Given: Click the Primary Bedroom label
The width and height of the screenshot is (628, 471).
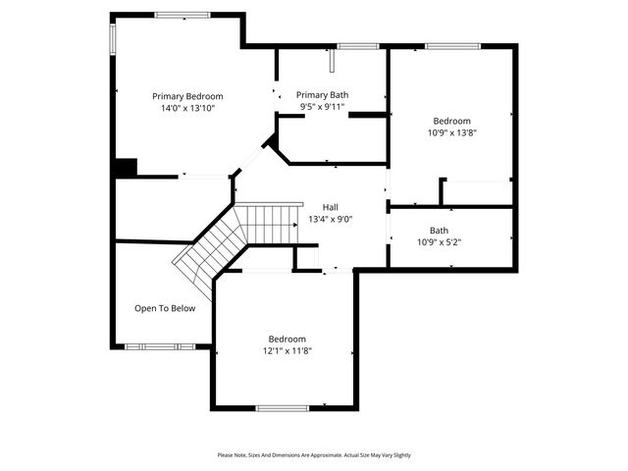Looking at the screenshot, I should click(187, 96).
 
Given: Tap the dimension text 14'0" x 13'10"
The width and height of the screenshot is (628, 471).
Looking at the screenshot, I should click(187, 108).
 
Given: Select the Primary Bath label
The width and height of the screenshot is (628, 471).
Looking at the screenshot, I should click(323, 95).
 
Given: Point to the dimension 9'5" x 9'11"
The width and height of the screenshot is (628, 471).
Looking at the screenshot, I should click(323, 107).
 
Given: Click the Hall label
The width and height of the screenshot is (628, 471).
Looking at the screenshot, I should click(331, 207).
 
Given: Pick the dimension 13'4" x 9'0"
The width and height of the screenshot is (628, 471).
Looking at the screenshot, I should click(331, 219).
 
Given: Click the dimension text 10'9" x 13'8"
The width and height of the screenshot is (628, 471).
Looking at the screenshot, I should click(452, 132).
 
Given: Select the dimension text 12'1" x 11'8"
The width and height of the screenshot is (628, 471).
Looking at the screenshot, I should click(288, 350).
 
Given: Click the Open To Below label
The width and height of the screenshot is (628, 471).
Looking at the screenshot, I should click(165, 308).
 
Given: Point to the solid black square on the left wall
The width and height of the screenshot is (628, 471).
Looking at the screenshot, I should click(125, 168).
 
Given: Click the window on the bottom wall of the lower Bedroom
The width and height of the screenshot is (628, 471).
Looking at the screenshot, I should click(283, 407).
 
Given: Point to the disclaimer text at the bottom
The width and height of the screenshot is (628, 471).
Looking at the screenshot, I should click(314, 455).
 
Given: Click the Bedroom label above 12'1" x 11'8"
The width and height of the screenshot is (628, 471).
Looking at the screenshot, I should click(288, 339).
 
